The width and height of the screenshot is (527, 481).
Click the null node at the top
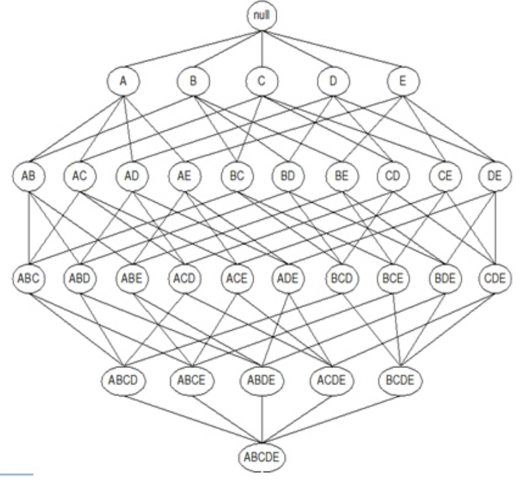coord(261,16)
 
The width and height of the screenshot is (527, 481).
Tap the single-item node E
coord(402,81)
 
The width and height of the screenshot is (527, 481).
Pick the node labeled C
coord(262,81)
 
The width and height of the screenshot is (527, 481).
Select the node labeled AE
coord(184,178)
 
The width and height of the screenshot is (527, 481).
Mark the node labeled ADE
coord(287,278)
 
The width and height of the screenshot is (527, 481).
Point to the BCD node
coord(339,278)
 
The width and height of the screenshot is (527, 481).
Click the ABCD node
coord(123,382)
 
